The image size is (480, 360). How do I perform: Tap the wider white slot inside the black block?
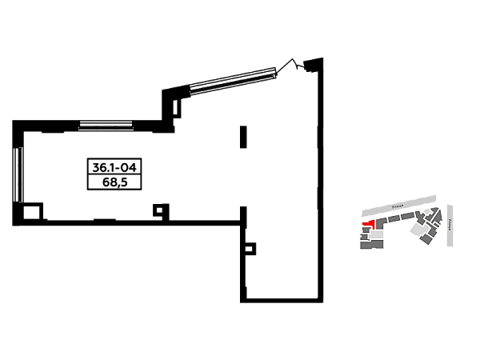coord(96,182)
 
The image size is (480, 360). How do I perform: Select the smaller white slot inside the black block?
coord(131,182)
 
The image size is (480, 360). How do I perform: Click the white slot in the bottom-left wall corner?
coord(32,214)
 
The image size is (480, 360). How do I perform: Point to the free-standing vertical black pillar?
coord(243,137)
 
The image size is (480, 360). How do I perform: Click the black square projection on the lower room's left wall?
coord(255,246)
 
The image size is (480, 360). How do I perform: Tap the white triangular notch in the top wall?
coord(293,72)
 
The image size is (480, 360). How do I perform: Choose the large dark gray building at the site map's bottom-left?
coord(370,242)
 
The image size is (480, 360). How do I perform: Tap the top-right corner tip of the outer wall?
coord(323,54)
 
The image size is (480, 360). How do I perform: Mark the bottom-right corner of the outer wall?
coord(323,303)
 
